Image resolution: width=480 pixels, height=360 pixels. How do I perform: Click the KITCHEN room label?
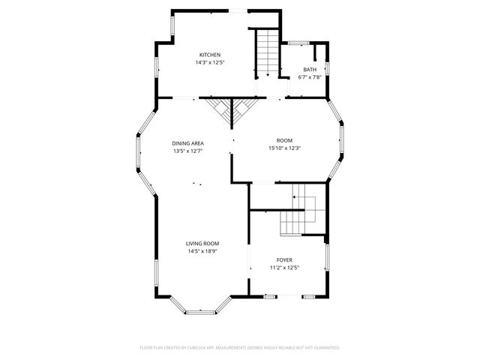[209, 55]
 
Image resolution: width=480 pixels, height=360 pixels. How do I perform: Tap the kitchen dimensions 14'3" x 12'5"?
[209, 62]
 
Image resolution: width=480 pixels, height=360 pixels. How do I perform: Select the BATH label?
[310, 70]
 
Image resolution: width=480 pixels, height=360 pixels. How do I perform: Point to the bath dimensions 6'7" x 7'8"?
[310, 76]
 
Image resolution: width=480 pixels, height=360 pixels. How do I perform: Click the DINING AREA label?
[187, 143]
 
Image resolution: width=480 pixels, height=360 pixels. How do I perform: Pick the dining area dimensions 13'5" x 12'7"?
[187, 151]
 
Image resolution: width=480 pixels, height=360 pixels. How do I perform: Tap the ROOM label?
[284, 140]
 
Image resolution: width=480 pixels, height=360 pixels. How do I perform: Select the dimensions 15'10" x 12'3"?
[284, 148]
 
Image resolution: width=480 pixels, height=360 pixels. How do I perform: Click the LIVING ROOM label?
[202, 244]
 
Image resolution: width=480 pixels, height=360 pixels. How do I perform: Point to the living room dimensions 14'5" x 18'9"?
[202, 251]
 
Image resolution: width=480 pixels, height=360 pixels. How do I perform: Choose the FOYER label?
[284, 260]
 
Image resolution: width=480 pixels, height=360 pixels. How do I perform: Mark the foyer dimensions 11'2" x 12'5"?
[284, 268]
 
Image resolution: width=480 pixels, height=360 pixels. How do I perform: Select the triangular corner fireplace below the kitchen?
[232, 111]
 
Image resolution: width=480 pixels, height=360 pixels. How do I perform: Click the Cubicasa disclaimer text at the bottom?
[240, 347]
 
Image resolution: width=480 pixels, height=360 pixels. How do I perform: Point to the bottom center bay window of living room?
[202, 311]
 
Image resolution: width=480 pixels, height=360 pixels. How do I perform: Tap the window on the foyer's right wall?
[326, 259]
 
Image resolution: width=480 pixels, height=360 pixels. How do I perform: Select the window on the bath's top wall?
[300, 43]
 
